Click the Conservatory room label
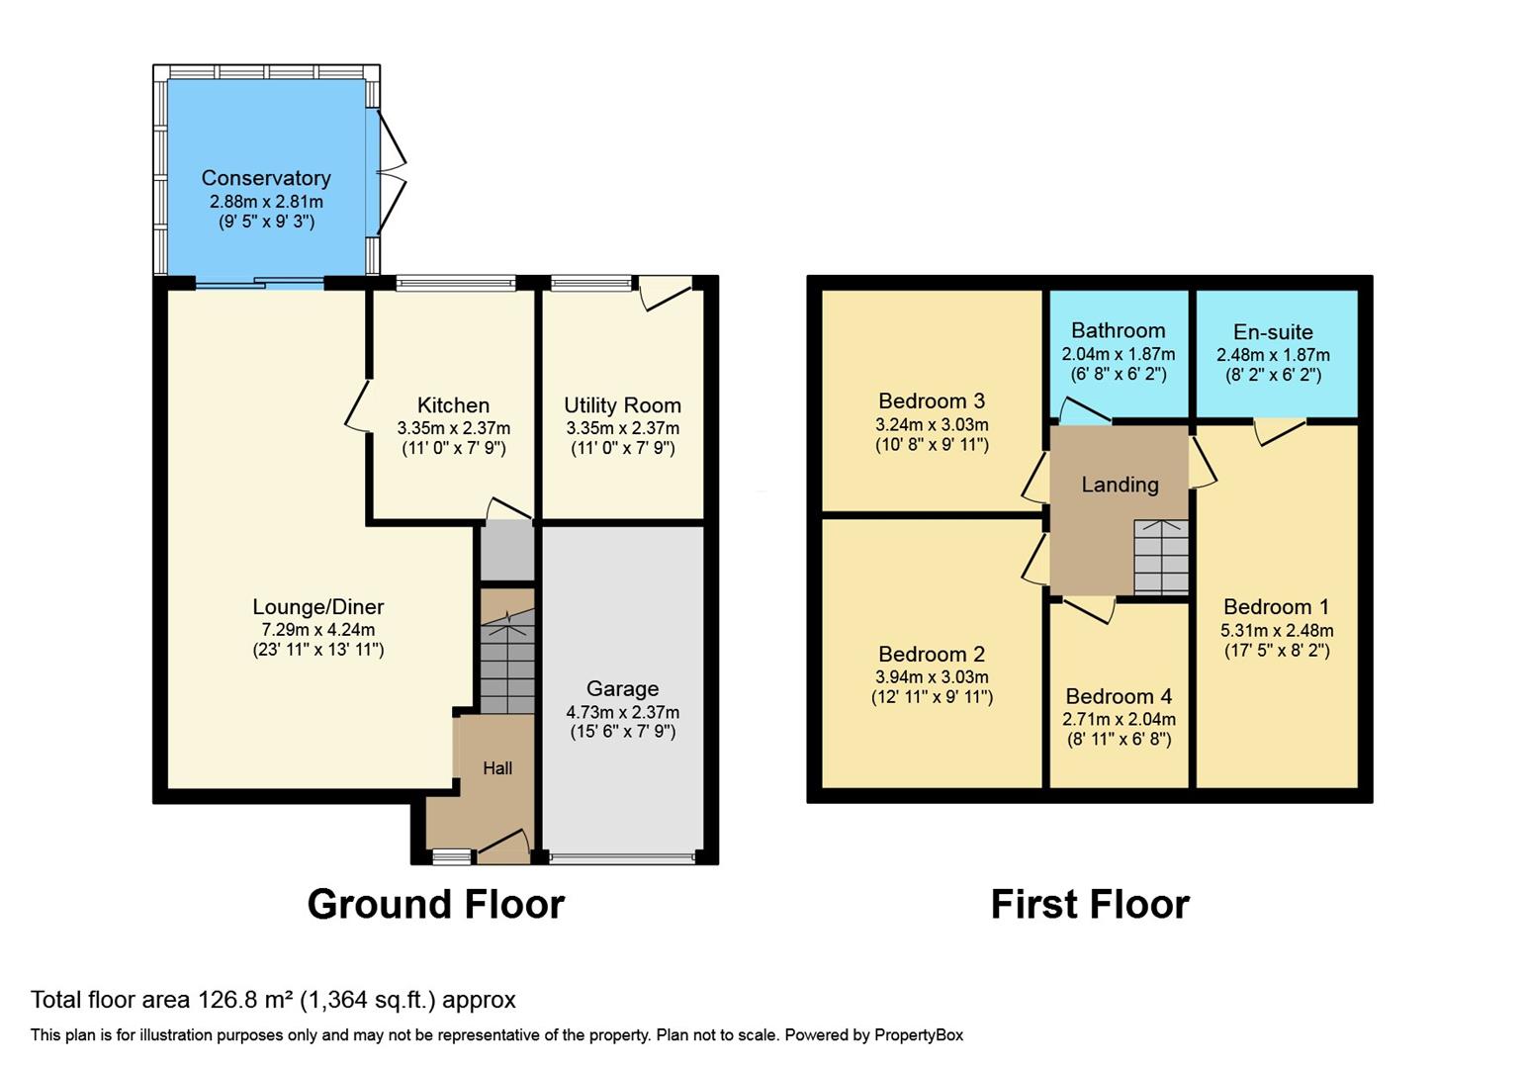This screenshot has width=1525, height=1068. (x=266, y=178)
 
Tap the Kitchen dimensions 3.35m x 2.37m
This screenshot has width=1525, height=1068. (x=454, y=428)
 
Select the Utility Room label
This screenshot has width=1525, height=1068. (x=622, y=405)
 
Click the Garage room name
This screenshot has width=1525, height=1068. (x=622, y=688)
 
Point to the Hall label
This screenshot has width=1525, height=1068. (x=497, y=768)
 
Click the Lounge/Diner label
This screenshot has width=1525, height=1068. (x=317, y=607)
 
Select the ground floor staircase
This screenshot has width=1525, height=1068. (x=507, y=661)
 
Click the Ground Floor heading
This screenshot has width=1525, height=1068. (x=435, y=904)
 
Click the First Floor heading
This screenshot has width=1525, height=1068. (x=1090, y=904)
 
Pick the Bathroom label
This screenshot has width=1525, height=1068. (x=1118, y=330)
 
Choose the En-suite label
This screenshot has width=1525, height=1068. (x=1273, y=332)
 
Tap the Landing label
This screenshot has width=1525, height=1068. (x=1120, y=485)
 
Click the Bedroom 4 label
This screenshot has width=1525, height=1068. (x=1119, y=696)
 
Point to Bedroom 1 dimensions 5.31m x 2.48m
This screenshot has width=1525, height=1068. (x=1277, y=630)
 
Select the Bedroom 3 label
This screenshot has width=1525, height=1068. (x=932, y=400)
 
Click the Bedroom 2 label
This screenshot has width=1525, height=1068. (x=932, y=654)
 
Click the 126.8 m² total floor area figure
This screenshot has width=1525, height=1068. (x=246, y=1000)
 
